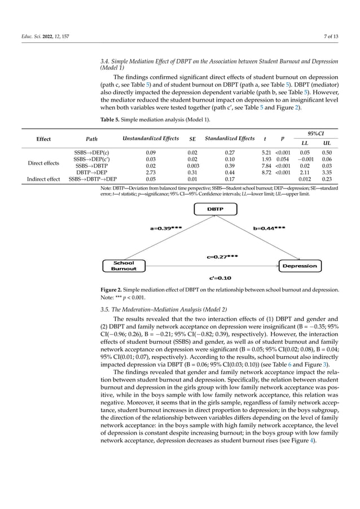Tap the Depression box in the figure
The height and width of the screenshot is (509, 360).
299,266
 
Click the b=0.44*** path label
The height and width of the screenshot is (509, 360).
269,229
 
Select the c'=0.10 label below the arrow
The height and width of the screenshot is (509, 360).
220,278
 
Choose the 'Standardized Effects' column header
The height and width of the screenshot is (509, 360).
230,139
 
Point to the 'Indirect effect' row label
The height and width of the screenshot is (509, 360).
43,179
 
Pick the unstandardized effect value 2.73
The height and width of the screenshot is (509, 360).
151,172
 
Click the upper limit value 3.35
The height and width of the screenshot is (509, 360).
326,172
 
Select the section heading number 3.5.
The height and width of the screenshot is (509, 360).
104,309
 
